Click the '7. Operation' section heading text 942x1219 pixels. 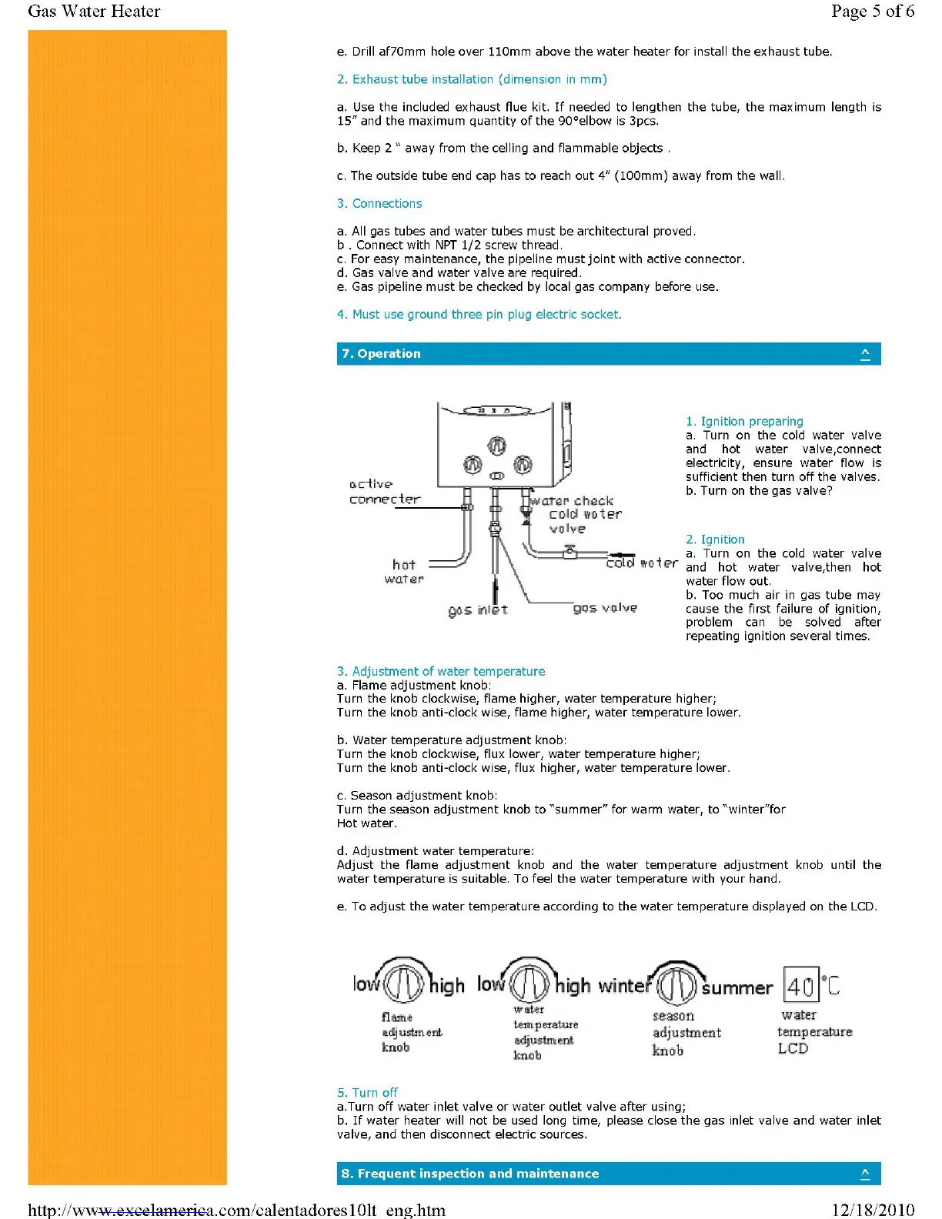381,354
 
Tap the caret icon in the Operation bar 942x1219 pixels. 865,354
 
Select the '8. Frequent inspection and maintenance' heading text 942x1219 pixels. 470,1174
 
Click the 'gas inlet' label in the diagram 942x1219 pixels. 478,610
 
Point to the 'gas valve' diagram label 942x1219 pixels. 605,608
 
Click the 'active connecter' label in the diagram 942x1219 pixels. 385,492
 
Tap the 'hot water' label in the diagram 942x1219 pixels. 404,572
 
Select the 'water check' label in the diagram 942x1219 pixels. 572,501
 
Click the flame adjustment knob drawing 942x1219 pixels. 403,983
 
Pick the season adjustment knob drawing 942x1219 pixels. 677,984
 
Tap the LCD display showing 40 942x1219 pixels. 800,986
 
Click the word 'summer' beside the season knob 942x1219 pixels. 737,987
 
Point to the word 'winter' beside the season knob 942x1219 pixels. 624,986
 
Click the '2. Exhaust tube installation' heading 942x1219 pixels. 472,79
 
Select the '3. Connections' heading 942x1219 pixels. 379,203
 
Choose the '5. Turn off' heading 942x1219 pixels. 367,1093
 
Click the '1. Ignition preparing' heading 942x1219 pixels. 744,422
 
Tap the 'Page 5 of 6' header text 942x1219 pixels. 873,11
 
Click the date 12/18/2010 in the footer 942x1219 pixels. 873,1210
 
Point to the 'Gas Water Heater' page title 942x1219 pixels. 94,11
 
